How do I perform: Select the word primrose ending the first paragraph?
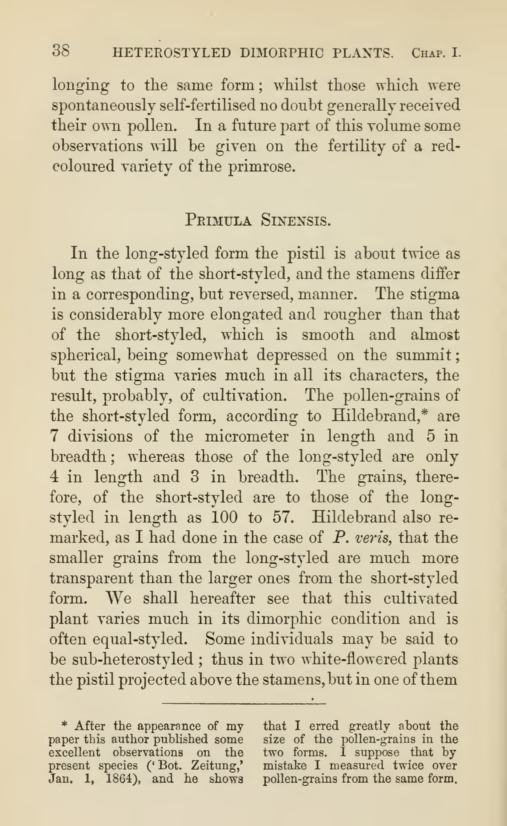261,167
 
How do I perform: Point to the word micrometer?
246,436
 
